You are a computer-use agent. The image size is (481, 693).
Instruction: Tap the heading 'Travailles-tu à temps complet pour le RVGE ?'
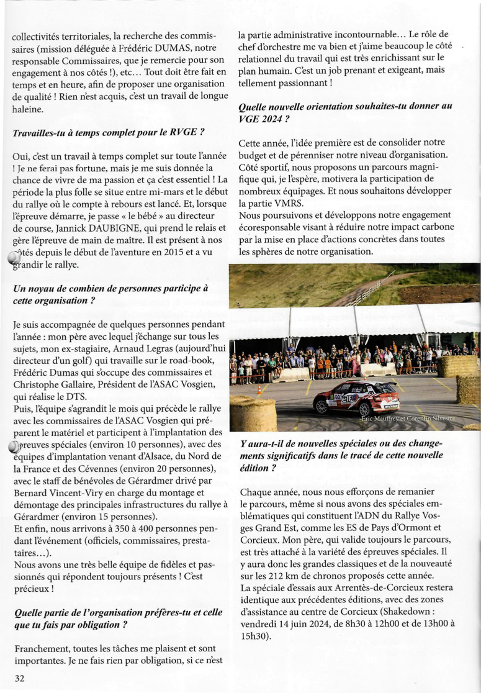coord(109,133)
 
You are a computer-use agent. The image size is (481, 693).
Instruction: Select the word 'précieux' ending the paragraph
coord(29,587)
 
